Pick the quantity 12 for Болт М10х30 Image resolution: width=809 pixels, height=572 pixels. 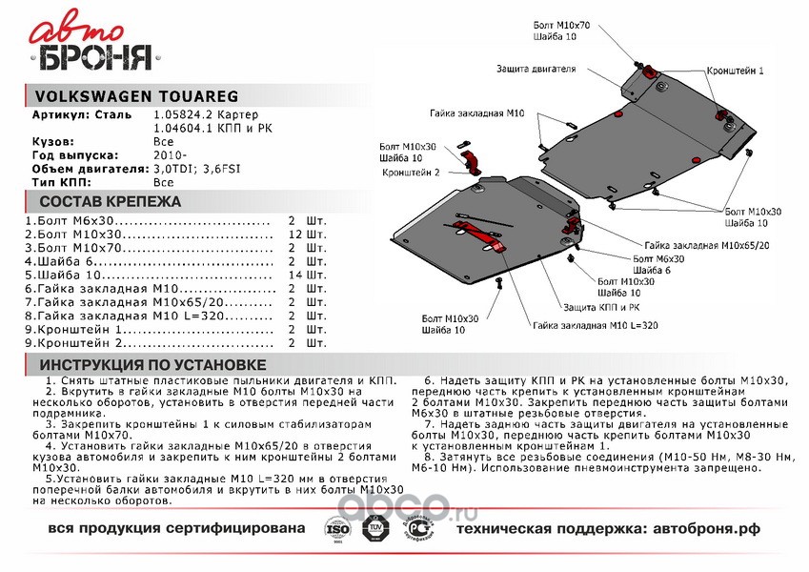click(295, 234)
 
